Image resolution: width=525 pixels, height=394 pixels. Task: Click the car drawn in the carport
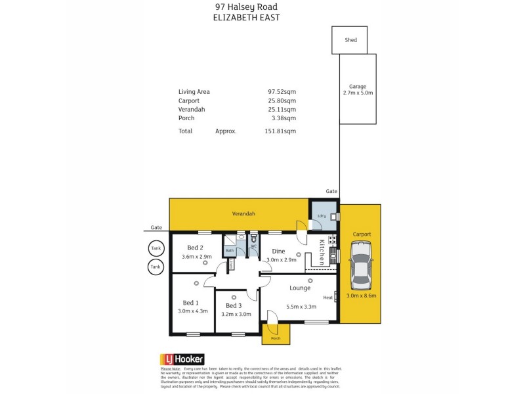(x=360, y=265)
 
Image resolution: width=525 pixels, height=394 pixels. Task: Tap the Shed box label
(x=351, y=40)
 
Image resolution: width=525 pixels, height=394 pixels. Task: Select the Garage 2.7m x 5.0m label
(x=358, y=90)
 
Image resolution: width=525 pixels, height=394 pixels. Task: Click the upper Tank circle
(x=156, y=249)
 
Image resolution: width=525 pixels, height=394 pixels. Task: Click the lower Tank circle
(x=156, y=267)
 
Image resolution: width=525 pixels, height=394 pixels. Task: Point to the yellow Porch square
(x=275, y=334)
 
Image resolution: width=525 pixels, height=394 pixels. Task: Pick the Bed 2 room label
(x=195, y=248)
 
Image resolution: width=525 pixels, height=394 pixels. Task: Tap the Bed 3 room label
(x=234, y=306)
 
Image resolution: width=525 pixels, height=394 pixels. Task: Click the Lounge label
(x=301, y=288)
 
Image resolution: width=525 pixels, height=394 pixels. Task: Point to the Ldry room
(x=323, y=217)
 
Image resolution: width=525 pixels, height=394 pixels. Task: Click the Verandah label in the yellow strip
(x=243, y=214)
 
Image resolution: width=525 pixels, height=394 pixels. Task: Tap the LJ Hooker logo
(x=182, y=359)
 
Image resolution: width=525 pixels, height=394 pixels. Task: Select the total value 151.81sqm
(x=282, y=131)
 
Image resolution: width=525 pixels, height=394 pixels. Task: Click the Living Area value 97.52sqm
(x=282, y=91)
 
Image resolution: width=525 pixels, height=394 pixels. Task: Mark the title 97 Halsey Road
(x=246, y=7)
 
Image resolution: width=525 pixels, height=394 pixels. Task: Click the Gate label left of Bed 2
(x=156, y=227)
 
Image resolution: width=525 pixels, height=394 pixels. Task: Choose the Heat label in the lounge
(x=328, y=297)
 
